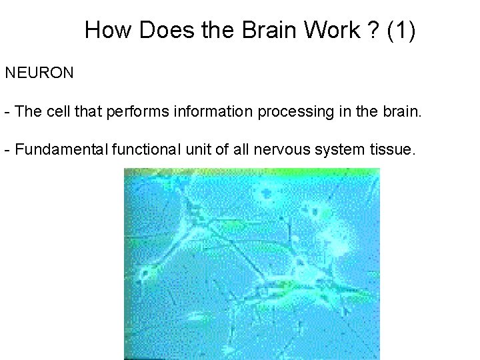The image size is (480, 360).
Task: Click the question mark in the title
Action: (371, 30)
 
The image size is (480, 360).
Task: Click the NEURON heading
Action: (39, 73)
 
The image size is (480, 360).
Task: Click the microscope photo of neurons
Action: (252, 263)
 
